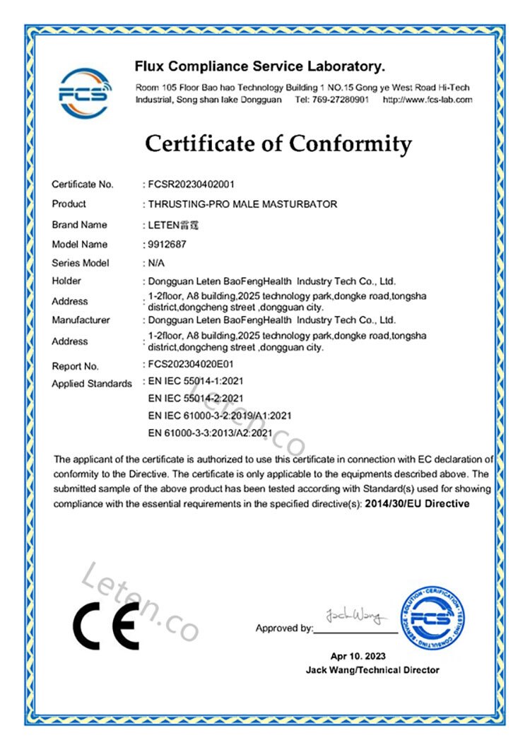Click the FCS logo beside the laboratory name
point(84,92)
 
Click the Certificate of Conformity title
point(278,144)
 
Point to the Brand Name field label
point(79,225)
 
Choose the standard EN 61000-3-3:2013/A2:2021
point(209,432)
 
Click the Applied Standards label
point(92,384)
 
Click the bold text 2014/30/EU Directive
point(418,504)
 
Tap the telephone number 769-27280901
point(340,100)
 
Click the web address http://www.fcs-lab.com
point(427,100)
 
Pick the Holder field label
point(66,281)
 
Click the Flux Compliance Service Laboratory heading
point(259,67)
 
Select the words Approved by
point(284,628)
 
